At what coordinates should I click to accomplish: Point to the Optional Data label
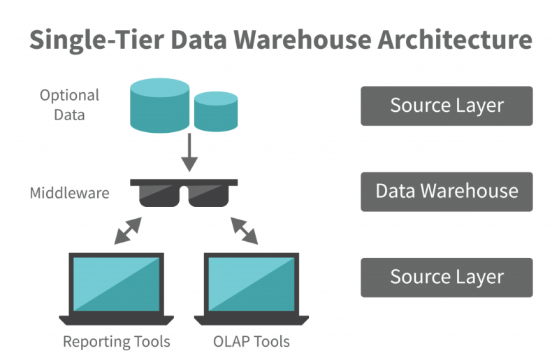(x=69, y=105)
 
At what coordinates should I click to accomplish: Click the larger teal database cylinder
(x=159, y=106)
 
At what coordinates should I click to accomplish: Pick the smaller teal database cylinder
(x=216, y=112)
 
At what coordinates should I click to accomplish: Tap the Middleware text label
(x=69, y=192)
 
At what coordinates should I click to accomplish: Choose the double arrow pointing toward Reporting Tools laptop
(x=128, y=231)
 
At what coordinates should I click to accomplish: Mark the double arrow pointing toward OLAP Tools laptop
(x=245, y=231)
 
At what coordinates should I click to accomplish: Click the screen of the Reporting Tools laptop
(x=116, y=284)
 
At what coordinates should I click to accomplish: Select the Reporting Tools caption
(x=116, y=342)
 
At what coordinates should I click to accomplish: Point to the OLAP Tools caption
(x=252, y=342)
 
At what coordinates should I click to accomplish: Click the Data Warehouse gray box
(x=447, y=192)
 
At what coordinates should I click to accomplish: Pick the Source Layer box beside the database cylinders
(x=447, y=106)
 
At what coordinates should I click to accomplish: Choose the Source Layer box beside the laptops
(x=447, y=277)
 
